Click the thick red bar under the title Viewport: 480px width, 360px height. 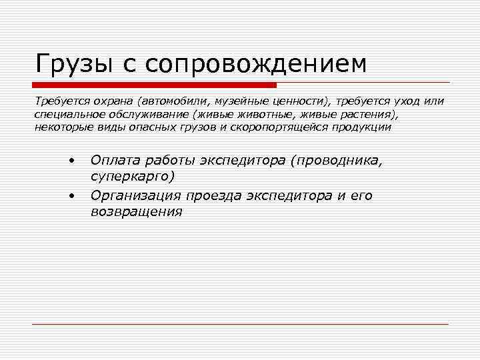[x=154, y=85]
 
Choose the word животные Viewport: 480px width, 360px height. [x=256, y=114]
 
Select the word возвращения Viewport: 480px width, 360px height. [x=136, y=212]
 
